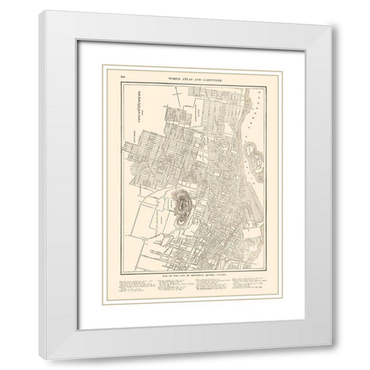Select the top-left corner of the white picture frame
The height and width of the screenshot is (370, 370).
coord(41,12)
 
